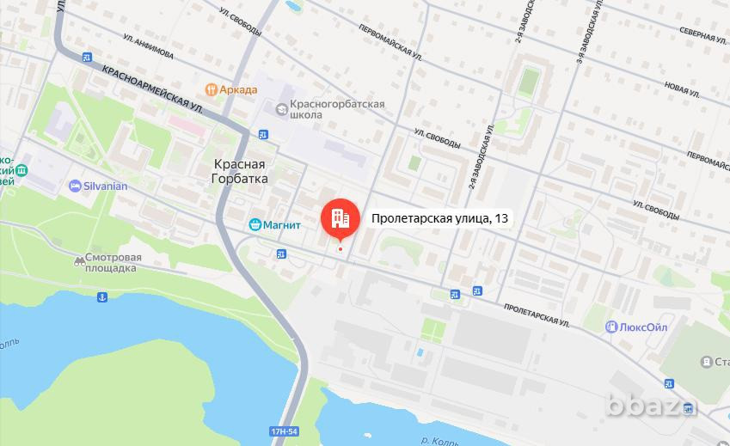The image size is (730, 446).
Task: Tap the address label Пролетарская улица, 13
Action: coord(440,219)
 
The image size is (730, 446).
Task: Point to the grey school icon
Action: coord(281,109)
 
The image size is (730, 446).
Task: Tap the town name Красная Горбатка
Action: coord(240,171)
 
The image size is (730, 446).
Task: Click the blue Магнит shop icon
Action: coord(255,225)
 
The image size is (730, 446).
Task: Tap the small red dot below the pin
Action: coord(340,250)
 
